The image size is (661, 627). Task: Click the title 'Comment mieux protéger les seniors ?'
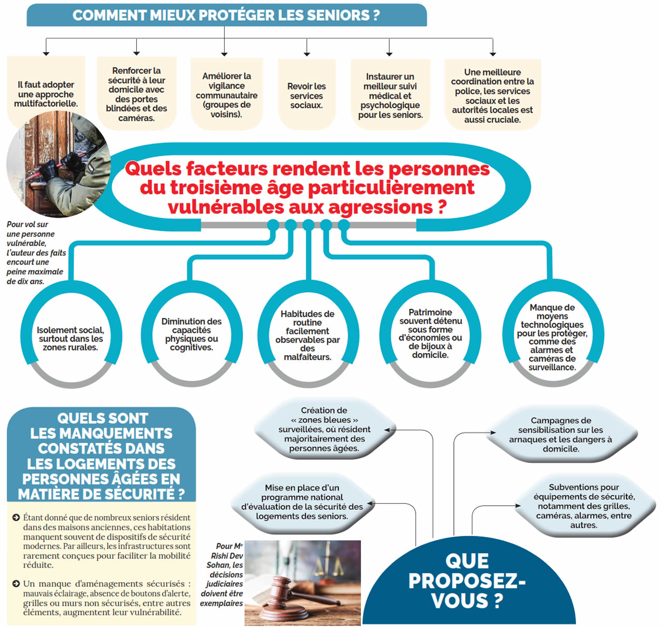[226, 15]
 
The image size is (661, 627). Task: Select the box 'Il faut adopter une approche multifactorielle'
[46, 94]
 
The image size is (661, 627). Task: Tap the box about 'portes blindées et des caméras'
[136, 94]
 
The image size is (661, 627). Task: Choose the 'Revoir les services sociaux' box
[307, 95]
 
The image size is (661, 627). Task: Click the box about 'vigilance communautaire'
[227, 95]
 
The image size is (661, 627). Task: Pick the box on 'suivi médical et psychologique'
[390, 95]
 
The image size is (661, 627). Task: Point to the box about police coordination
[492, 95]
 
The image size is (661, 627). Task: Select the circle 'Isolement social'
[71, 339]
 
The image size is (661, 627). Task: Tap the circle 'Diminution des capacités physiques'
[192, 334]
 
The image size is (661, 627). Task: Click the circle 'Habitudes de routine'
[308, 335]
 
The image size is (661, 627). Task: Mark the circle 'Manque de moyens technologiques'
[552, 337]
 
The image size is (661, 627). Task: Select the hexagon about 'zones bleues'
[324, 429]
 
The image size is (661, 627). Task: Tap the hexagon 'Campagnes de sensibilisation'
[561, 435]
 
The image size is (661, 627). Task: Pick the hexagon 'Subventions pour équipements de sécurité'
[584, 506]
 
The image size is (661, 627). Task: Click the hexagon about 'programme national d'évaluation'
[302, 502]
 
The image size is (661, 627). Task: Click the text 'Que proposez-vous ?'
[466, 581]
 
